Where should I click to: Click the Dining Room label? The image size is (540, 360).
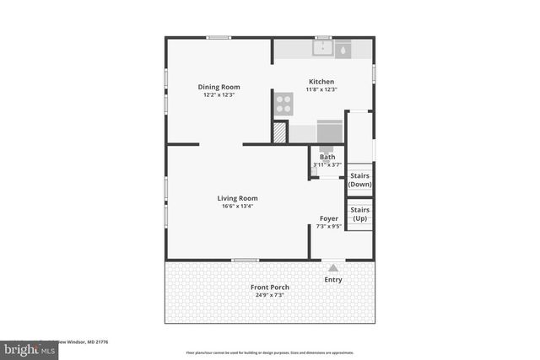tap(219, 87)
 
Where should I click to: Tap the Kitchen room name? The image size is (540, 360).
tap(321, 82)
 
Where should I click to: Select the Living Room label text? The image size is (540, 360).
tap(237, 198)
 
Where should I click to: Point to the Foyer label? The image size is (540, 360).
tap(328, 218)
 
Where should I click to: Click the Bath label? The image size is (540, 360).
tap(327, 157)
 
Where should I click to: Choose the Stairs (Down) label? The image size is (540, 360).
tap(360, 180)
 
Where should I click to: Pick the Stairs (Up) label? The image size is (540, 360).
tap(360, 213)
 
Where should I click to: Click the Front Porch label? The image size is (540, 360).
tap(270, 287)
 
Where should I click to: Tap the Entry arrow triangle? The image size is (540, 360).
tap(332, 268)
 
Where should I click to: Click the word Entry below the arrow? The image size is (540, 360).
tap(333, 280)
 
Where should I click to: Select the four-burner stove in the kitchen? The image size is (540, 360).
tap(283, 104)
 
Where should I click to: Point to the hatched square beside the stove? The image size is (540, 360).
tap(279, 132)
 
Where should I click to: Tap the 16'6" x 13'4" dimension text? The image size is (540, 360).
tap(237, 207)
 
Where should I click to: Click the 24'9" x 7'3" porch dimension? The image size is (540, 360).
tap(270, 295)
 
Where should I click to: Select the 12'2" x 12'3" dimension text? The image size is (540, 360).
tap(219, 95)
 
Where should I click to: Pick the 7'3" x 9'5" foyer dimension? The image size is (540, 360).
tap(328, 226)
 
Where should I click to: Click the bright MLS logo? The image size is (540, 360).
tap(25, 348)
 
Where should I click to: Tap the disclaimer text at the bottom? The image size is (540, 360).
tap(270, 352)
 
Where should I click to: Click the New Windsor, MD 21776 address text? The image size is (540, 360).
tap(88, 342)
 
